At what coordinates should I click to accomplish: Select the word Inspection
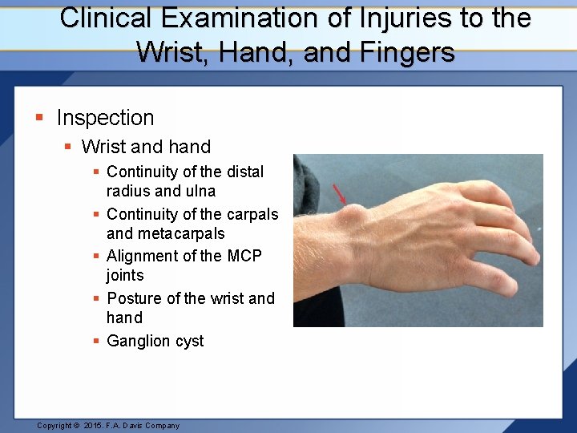(105, 118)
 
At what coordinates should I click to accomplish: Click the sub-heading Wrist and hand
(146, 147)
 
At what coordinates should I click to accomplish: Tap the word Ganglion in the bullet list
(138, 341)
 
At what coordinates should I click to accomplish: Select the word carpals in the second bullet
(251, 214)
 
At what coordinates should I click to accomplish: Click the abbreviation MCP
(244, 256)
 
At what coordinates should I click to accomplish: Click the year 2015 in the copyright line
(94, 426)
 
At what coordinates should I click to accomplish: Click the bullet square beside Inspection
(39, 119)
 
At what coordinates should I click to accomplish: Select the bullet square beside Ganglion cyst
(96, 342)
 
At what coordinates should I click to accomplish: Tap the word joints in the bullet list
(125, 275)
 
